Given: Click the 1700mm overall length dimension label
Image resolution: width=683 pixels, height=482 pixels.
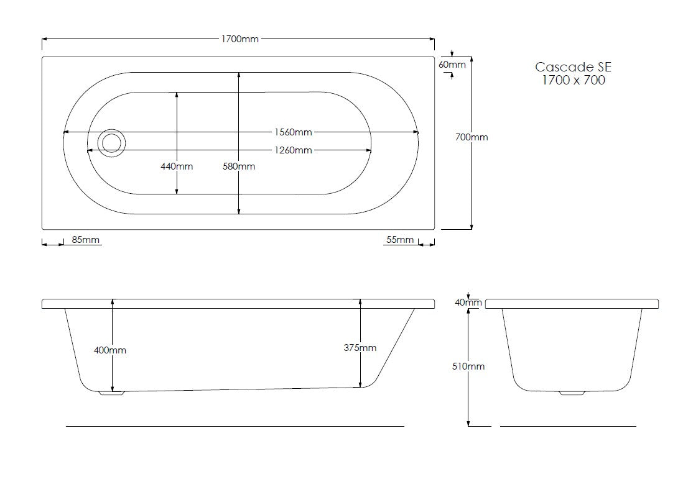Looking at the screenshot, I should pos(239,39).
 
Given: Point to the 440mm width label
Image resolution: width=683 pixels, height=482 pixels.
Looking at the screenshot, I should pos(177,166).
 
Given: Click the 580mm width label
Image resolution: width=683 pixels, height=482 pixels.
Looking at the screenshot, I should pos(239,166).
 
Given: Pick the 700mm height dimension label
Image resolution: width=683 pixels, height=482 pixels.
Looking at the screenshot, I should pos(472,137).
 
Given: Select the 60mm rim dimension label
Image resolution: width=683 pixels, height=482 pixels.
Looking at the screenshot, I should pos(452,65).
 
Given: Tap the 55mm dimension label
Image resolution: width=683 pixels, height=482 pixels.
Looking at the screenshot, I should pos(398,240).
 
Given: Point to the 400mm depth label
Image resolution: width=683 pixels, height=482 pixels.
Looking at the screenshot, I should pos(110,350).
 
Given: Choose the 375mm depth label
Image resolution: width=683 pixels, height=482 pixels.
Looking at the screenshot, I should pos(360,348).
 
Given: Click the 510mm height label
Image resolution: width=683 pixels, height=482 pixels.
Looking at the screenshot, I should pos(468,366).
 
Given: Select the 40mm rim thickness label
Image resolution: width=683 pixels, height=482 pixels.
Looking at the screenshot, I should pos(468,302).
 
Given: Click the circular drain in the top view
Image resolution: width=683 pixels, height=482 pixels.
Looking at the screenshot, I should pos(113,143).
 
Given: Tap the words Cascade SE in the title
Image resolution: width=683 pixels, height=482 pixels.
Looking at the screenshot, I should pos(569,67).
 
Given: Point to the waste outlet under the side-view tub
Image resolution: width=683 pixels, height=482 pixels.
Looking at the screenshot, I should pos(112,393).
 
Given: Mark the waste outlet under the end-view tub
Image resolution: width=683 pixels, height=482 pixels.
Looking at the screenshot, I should pos(572,393).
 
